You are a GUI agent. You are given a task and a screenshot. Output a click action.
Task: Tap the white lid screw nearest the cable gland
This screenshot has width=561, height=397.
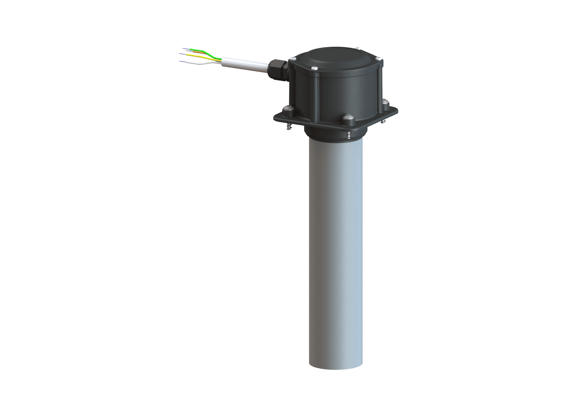coord(293,58)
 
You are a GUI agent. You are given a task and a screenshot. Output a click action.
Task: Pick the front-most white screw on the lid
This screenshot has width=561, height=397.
coord(314,68)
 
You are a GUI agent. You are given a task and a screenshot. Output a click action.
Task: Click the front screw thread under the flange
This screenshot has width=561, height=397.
coord(348,136)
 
